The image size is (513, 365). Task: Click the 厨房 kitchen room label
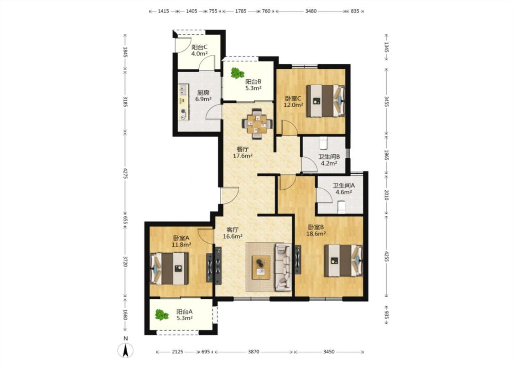point(203,93)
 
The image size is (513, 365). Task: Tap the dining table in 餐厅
point(257,124)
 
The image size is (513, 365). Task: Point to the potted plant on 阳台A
point(161,315)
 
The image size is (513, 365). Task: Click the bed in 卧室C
point(326,101)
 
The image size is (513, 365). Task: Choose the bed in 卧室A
point(169,268)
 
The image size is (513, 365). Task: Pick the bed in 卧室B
point(343,261)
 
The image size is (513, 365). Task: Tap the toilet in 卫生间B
point(323,143)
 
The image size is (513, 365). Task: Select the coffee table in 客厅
point(261,267)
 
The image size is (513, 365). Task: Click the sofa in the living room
point(283,267)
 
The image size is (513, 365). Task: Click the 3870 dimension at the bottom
point(254,352)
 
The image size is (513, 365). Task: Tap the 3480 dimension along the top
point(311,11)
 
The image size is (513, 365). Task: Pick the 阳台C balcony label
point(199,47)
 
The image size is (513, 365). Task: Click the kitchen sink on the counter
point(183,89)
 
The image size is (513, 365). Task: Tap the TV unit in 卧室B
point(298,260)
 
